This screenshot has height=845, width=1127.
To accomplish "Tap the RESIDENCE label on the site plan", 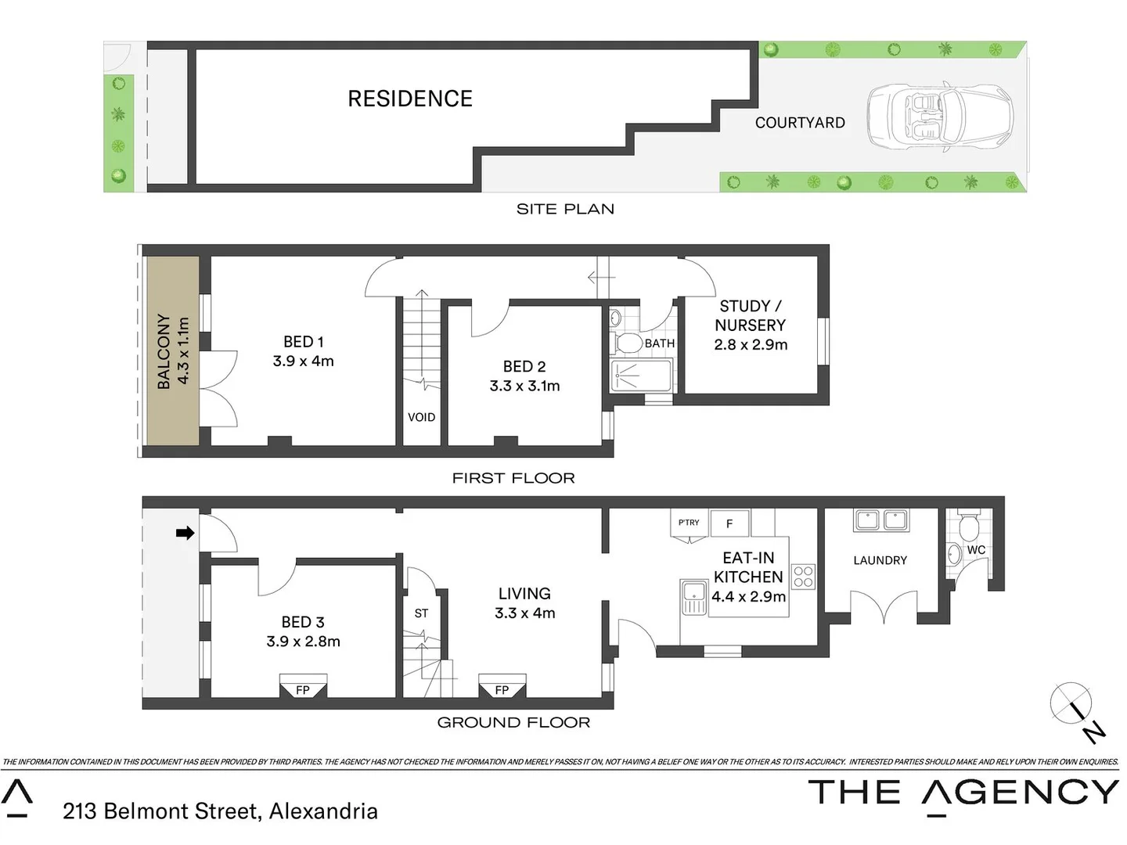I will [410, 99].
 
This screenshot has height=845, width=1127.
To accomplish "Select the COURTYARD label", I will [800, 123].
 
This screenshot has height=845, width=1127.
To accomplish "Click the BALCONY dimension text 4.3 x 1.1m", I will [183, 351].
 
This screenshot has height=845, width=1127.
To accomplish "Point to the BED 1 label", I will [303, 342].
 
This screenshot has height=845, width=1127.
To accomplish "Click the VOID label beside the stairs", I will [421, 417].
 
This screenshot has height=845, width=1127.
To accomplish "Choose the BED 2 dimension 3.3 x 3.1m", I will [524, 386].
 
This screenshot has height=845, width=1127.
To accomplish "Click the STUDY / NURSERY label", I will [750, 315].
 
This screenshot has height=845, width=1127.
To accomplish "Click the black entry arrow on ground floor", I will [185, 533].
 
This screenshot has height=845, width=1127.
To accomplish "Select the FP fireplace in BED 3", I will [303, 689].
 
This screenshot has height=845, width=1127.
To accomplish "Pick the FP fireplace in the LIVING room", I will [502, 689].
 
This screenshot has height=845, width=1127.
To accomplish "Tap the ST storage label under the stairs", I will [421, 613].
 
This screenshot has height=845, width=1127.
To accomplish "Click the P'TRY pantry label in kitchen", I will [689, 523].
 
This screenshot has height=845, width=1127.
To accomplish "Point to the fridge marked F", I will [729, 523].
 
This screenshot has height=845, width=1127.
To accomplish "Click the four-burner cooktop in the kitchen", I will [804, 577].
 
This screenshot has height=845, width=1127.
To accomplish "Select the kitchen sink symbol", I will [694, 598].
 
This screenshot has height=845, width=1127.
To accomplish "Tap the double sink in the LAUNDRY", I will [881, 520].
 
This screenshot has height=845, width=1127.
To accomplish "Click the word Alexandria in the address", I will [323, 811].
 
